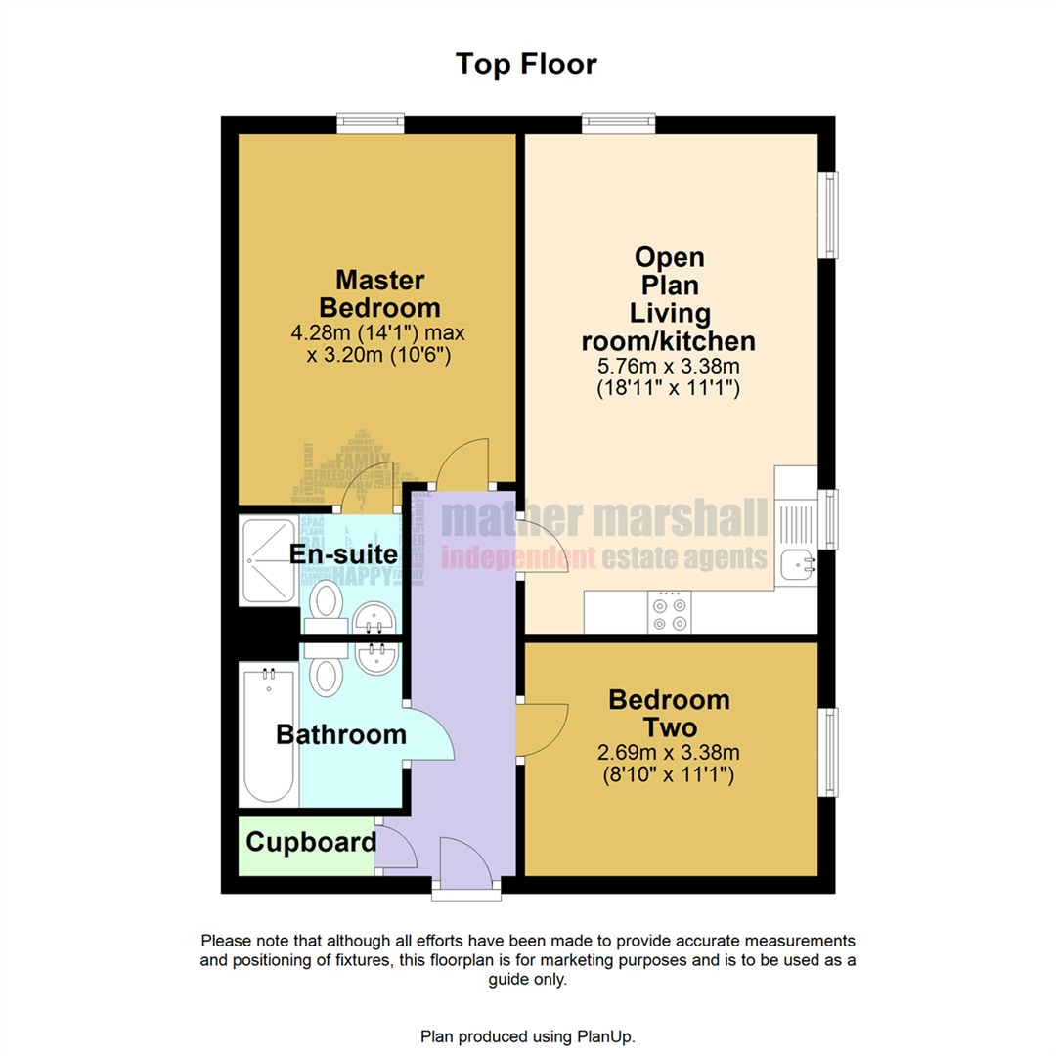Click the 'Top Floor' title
tap(526, 65)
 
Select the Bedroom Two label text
tap(669, 714)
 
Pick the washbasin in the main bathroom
tap(376, 658)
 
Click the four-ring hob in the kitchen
tap(670, 613)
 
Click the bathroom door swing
tap(430, 733)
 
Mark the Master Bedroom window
tap(370, 122)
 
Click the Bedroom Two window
tap(829, 751)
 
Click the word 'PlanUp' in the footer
tap(615, 1035)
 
